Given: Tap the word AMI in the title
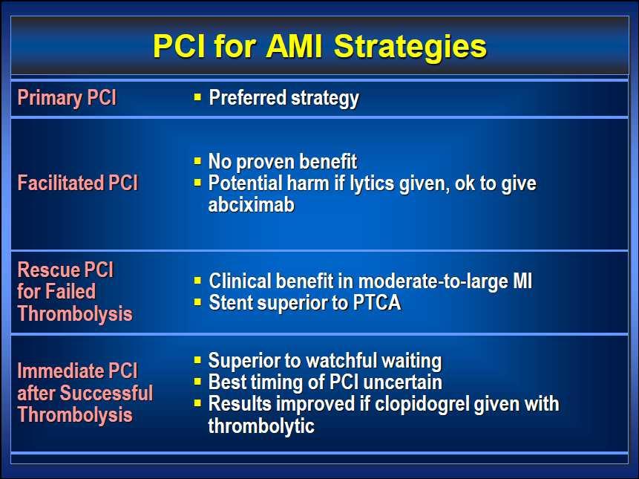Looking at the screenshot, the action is (x=294, y=45).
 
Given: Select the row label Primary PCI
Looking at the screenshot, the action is (x=67, y=98).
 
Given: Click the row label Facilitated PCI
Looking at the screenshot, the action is (x=78, y=183).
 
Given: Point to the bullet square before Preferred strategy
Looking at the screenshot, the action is (x=197, y=97).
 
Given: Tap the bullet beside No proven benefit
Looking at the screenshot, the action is (x=197, y=160).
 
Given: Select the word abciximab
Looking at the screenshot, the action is (x=252, y=205).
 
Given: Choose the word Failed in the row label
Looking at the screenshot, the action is (x=71, y=291).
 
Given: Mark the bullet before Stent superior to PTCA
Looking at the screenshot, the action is (x=197, y=302).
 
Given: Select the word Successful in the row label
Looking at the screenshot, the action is (x=107, y=393).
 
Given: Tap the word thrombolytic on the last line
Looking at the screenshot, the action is (x=261, y=426).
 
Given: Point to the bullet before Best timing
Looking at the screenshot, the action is (x=197, y=382).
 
